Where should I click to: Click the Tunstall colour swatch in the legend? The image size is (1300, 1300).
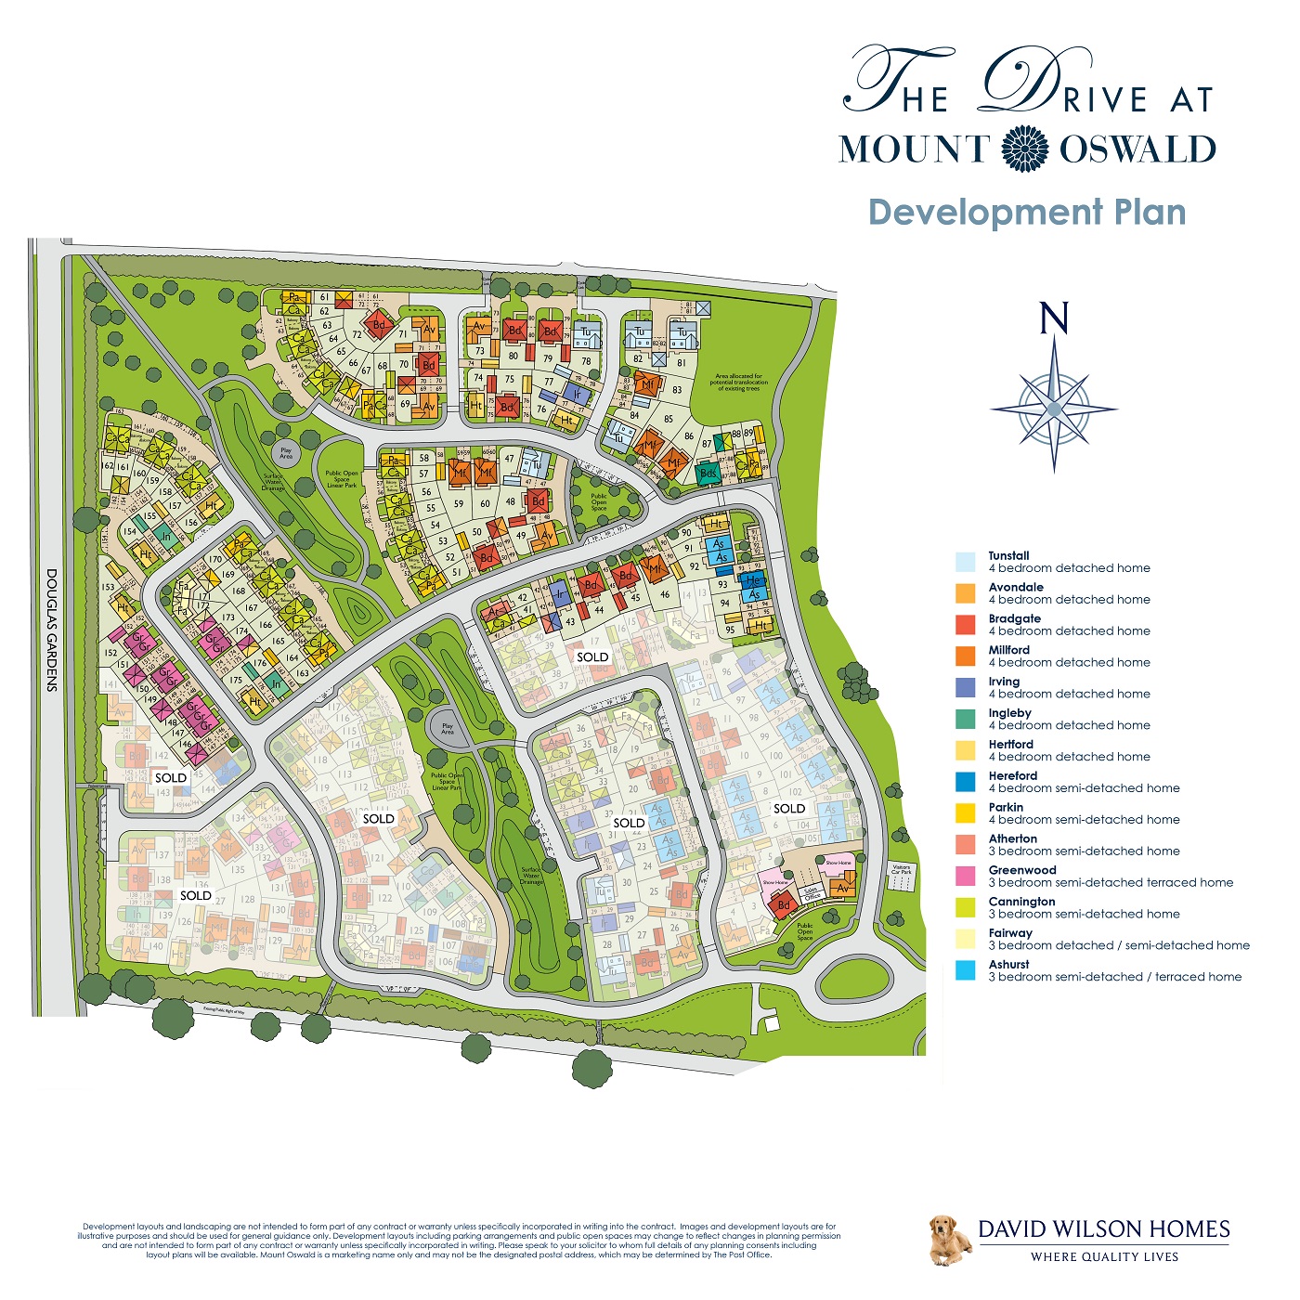pos(966,562)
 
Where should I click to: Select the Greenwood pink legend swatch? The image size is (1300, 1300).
pos(966,876)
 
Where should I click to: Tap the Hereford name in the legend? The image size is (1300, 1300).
pos(1012,775)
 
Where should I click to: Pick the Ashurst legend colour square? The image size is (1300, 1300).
pos(966,970)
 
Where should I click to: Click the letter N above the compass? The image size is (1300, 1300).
pos(1054,318)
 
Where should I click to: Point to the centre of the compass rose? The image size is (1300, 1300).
pos(1054,409)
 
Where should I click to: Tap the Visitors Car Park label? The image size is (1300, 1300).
pos(901,870)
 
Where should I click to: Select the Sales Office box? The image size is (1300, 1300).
pos(812,893)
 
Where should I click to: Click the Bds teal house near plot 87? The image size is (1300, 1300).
pos(708,474)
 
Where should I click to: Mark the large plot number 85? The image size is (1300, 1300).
pos(669,419)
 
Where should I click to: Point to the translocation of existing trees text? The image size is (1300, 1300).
pos(740,383)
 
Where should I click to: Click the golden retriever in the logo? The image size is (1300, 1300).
pos(949,1241)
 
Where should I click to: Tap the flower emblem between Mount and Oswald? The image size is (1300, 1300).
pos(1025,149)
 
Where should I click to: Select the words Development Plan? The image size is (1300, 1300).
pos(1027,212)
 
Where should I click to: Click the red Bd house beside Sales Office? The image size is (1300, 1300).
pos(784,904)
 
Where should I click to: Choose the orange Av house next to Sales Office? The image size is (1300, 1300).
pos(842,888)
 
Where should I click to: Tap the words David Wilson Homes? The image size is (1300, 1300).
pos(1103,1229)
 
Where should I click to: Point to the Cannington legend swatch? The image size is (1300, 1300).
pos(966,907)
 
